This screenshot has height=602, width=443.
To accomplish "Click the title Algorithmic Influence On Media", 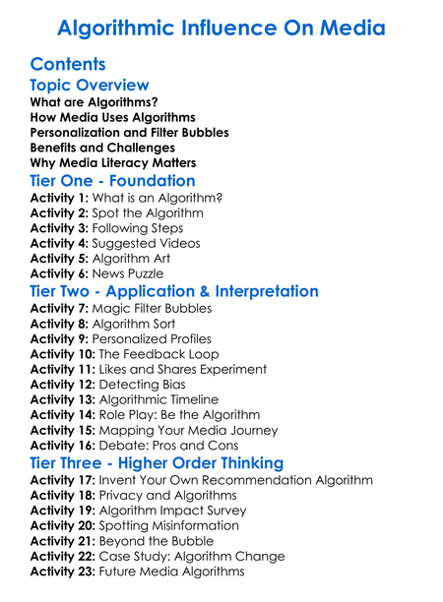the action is [x=221, y=27].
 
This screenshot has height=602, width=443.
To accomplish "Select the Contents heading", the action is [x=68, y=64].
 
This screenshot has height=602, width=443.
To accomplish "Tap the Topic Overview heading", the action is [x=90, y=86].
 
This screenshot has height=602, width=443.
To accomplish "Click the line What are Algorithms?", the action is [x=95, y=101].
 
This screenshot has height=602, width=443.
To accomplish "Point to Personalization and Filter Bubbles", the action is [x=129, y=132].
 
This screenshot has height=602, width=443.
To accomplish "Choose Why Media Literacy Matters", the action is [x=113, y=162].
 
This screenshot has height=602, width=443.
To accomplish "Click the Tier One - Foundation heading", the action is [x=113, y=181].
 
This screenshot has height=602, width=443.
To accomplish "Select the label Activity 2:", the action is [x=60, y=212].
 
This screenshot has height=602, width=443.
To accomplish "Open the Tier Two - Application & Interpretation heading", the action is [x=174, y=292].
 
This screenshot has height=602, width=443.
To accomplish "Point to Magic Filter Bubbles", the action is [x=153, y=308].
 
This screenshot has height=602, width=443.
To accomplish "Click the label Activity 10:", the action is [x=64, y=354].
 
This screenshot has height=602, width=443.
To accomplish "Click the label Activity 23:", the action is [x=64, y=572].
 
